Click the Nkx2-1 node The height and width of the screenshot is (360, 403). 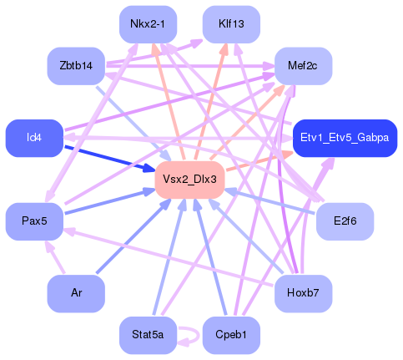(148, 24)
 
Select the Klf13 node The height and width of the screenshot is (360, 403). (231, 24)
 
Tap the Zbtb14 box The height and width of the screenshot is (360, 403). (76, 64)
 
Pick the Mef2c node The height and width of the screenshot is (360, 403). (303, 64)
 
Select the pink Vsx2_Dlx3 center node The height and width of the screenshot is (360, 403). (189, 180)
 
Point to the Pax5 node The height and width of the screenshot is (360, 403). (34, 221)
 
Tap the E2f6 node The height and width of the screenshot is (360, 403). (345, 221)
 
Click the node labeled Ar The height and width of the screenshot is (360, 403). (76, 293)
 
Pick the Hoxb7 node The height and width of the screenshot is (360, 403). (303, 293)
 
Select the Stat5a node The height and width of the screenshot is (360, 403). (148, 334)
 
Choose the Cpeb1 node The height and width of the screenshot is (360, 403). (231, 334)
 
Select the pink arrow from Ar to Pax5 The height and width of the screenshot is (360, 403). (56, 259)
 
